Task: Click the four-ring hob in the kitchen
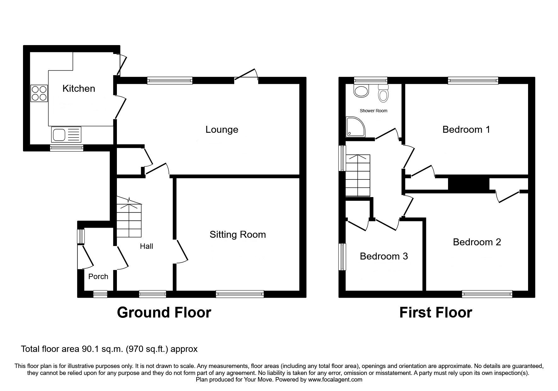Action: [x=39, y=93]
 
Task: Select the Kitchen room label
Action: [x=79, y=89]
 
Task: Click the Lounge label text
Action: [x=222, y=130]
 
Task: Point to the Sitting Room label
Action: [x=238, y=235]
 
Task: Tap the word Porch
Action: [x=98, y=277]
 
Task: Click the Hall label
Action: [x=147, y=246]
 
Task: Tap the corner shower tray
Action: [x=355, y=127]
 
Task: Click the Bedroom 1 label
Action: [x=466, y=130]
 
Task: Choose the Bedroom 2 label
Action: [x=477, y=242]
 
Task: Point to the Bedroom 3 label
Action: [x=384, y=256]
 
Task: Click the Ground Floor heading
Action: [x=164, y=313]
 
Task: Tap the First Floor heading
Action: [x=435, y=313]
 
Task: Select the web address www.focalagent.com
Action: [x=335, y=380]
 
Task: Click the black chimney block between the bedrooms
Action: [x=469, y=184]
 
